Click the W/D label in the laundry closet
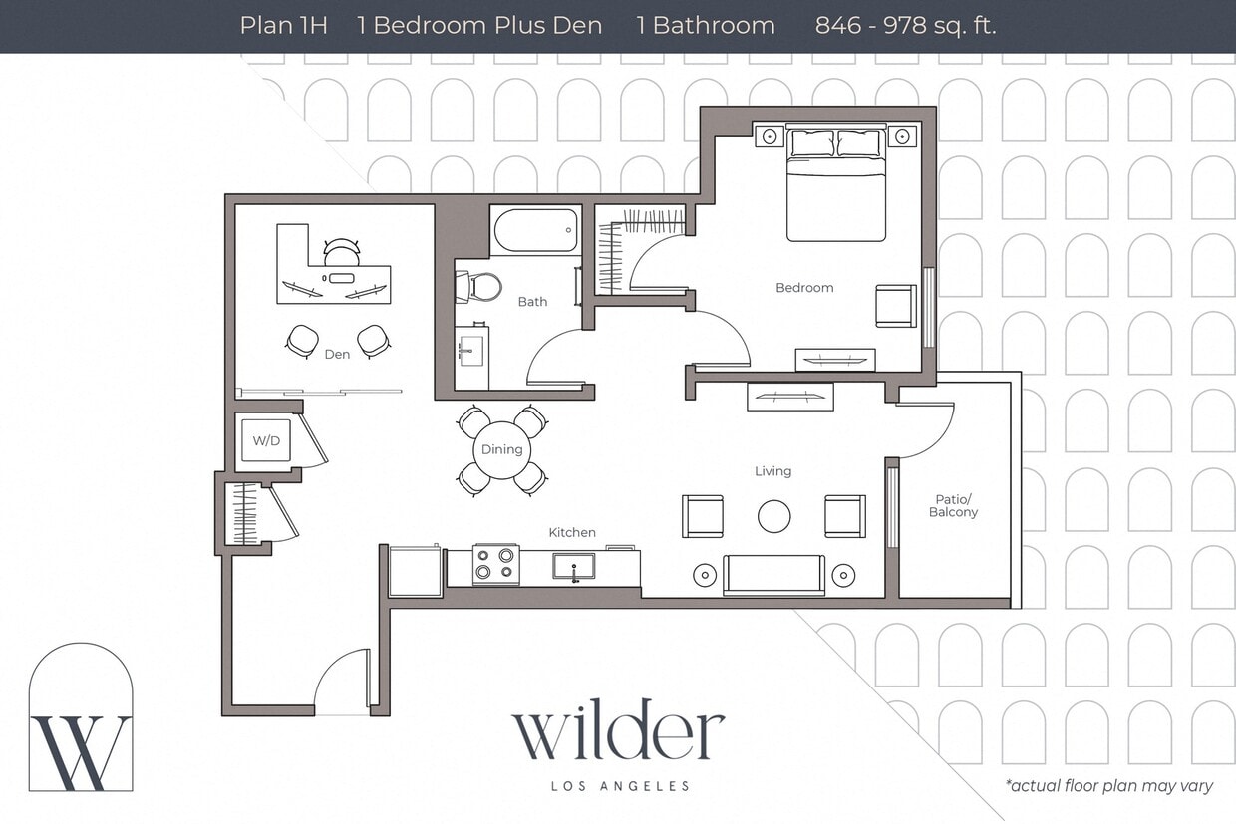click(x=266, y=440)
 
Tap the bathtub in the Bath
click(x=535, y=230)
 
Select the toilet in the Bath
click(x=480, y=287)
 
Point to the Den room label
click(x=337, y=354)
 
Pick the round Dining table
click(x=501, y=449)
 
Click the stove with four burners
click(x=495, y=564)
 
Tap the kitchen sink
click(x=573, y=566)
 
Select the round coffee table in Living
click(x=773, y=516)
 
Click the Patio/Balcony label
click(x=953, y=505)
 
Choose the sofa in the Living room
click(x=773, y=575)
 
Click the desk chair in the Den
click(x=341, y=252)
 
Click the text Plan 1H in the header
click(x=283, y=26)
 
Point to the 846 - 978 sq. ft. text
click(x=905, y=26)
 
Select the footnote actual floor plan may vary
click(x=1108, y=786)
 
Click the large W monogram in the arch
click(x=81, y=751)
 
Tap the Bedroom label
click(x=804, y=288)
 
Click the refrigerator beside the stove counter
click(x=415, y=572)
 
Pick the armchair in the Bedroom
click(x=895, y=306)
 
